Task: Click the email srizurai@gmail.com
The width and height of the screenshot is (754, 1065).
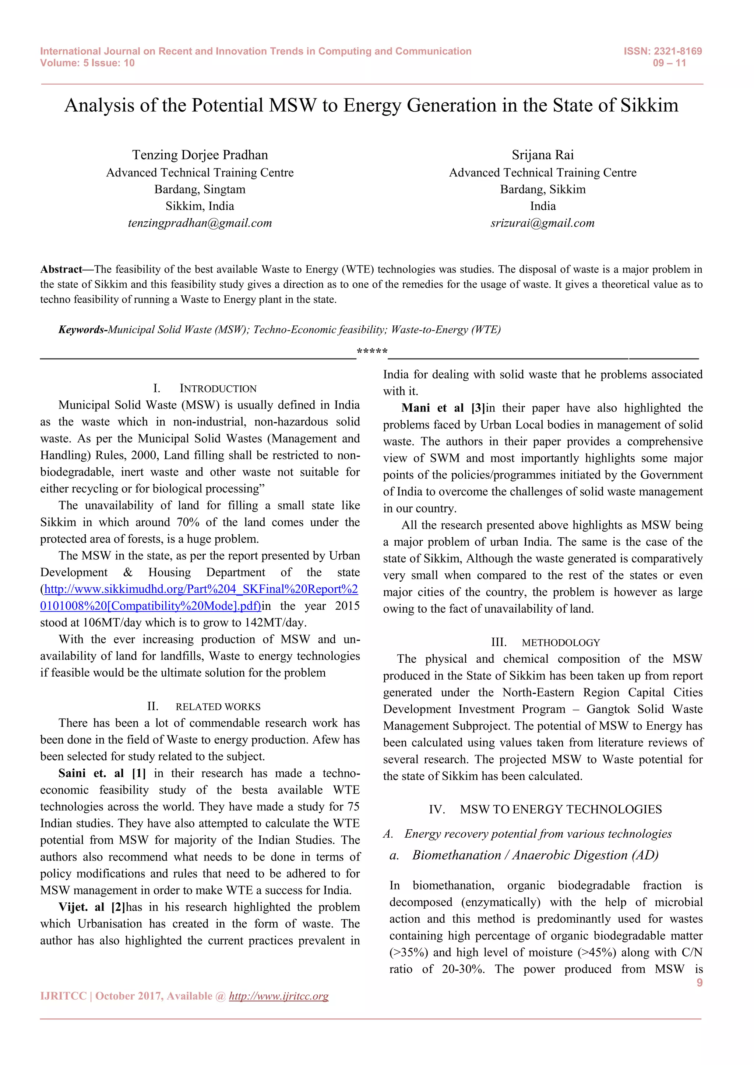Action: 542,223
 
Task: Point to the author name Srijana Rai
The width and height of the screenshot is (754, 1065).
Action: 542,155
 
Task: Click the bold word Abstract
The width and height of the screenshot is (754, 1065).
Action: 61,270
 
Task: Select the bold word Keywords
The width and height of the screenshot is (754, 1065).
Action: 82,330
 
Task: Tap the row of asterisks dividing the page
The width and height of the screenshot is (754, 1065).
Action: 372,352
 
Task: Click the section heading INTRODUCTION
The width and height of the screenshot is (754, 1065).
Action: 218,389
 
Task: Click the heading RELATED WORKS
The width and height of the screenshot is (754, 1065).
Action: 218,707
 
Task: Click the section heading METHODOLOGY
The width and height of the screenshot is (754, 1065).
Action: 560,643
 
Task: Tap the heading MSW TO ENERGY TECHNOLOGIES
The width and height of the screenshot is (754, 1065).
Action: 560,809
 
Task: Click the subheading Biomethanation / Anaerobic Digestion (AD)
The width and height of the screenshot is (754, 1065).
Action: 535,855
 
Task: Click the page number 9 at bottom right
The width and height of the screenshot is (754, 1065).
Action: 699,982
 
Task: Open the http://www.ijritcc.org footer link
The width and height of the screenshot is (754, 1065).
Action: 279,996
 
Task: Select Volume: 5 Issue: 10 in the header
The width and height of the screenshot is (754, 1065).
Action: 87,63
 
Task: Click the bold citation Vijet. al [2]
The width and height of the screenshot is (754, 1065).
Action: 92,907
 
